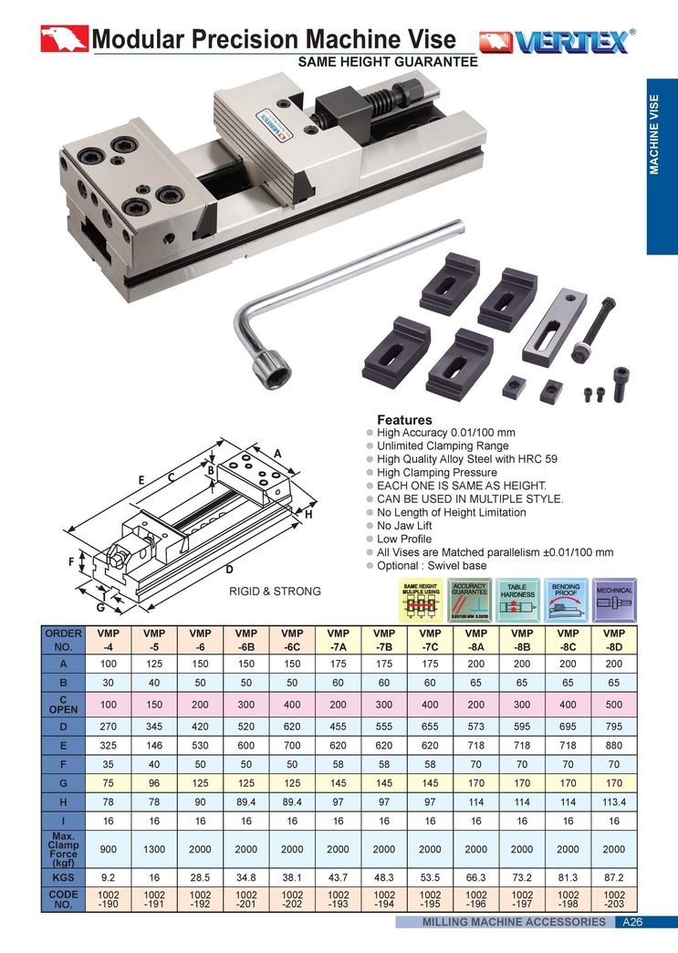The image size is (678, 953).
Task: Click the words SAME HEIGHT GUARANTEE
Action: coord(389,62)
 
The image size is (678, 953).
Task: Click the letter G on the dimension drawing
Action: coord(100,605)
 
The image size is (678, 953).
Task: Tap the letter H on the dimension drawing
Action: coord(308,515)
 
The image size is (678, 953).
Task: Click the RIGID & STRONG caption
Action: coord(275,592)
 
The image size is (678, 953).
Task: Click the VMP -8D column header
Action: coord(613,640)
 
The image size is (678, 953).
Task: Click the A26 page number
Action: coord(631,922)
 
